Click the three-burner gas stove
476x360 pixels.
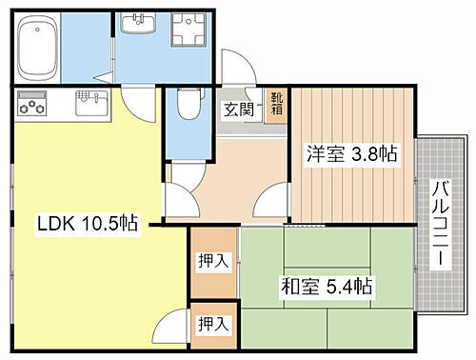click(x=32, y=101)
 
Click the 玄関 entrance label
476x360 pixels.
click(x=240, y=109)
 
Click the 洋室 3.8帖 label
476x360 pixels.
click(x=351, y=152)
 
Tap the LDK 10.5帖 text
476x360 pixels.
click(x=88, y=226)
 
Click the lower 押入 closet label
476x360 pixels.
click(x=213, y=325)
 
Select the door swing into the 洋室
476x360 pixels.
click(x=273, y=201)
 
